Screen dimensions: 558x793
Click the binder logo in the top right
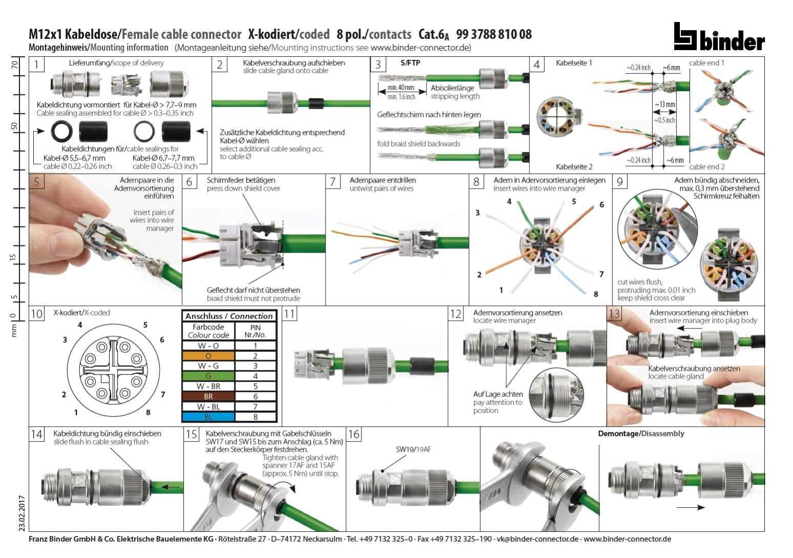click(719, 37)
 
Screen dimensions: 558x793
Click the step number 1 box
click(36, 65)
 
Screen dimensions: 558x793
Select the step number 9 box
click(620, 182)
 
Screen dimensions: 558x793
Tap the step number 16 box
click(354, 434)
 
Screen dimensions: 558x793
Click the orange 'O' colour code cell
click(208, 356)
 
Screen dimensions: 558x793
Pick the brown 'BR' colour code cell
click(208, 396)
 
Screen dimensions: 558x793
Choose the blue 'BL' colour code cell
click(208, 417)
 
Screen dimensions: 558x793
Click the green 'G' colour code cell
click(208, 376)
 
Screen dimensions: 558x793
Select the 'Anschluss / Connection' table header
click(229, 316)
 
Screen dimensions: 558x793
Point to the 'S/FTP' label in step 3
click(410, 63)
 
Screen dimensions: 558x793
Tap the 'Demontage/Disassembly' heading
click(641, 434)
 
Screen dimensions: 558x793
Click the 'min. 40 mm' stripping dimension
click(401, 87)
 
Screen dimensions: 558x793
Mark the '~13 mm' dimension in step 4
click(665, 104)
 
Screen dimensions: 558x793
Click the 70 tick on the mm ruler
click(15, 65)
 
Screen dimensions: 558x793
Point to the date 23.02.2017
click(21, 512)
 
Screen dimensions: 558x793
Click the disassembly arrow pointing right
click(690, 507)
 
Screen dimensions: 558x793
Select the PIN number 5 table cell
click(255, 386)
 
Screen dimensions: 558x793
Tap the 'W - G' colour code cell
click(208, 366)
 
